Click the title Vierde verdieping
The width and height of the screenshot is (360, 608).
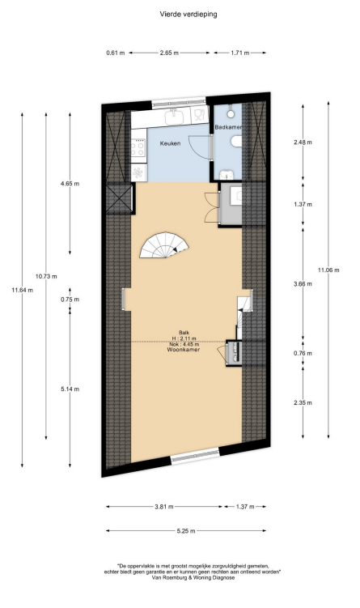point(188,15)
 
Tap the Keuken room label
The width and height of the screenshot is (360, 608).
point(170,143)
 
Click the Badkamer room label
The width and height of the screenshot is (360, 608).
point(229,127)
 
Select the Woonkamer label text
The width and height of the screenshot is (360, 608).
point(184,350)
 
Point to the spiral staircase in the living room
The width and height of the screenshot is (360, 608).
point(165,245)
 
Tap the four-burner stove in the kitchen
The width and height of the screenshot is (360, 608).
point(138,147)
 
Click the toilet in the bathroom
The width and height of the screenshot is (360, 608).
point(235,144)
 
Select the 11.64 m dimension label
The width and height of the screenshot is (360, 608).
point(22,290)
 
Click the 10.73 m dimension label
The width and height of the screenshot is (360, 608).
point(46,276)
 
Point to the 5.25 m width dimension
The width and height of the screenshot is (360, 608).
point(186,531)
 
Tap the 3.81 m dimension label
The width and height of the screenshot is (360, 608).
point(164,507)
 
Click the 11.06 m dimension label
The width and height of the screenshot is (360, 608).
point(328,270)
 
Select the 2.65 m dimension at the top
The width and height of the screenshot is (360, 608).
point(169,53)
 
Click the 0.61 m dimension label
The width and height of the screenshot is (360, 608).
point(116,53)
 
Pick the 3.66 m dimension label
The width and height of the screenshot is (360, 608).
point(303,284)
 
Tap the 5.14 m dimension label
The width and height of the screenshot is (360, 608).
point(70,389)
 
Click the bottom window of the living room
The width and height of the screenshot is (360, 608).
point(195,456)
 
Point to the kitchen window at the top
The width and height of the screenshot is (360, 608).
point(179,102)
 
